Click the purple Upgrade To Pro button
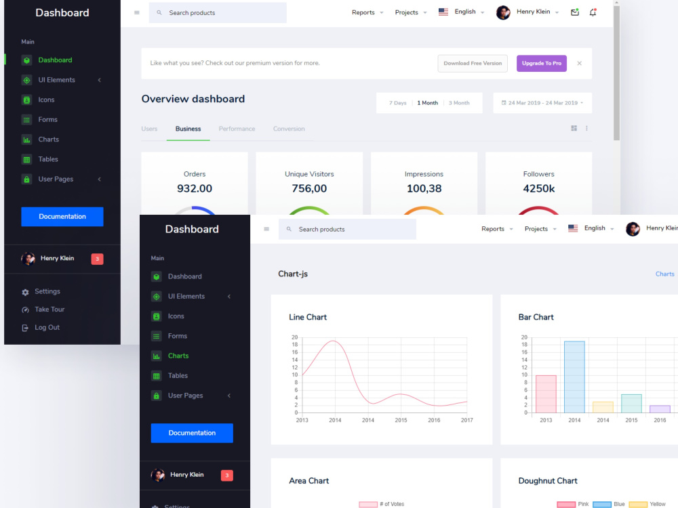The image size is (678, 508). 541,63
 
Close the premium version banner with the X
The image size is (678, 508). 580,63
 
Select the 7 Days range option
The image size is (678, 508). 397,103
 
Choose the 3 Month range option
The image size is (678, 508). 459,103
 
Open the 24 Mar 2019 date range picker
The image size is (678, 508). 542,103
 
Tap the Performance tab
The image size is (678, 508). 237,129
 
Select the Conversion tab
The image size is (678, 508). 289,129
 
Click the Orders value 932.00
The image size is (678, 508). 195,188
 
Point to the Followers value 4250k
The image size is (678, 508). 539,188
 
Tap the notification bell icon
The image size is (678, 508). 593,12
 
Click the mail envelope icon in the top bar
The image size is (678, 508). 575,12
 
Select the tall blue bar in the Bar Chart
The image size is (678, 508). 574,377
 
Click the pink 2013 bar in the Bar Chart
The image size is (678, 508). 546,394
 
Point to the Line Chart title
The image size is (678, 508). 307,317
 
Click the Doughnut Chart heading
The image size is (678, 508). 547,481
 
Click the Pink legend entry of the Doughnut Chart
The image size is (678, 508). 573,504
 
